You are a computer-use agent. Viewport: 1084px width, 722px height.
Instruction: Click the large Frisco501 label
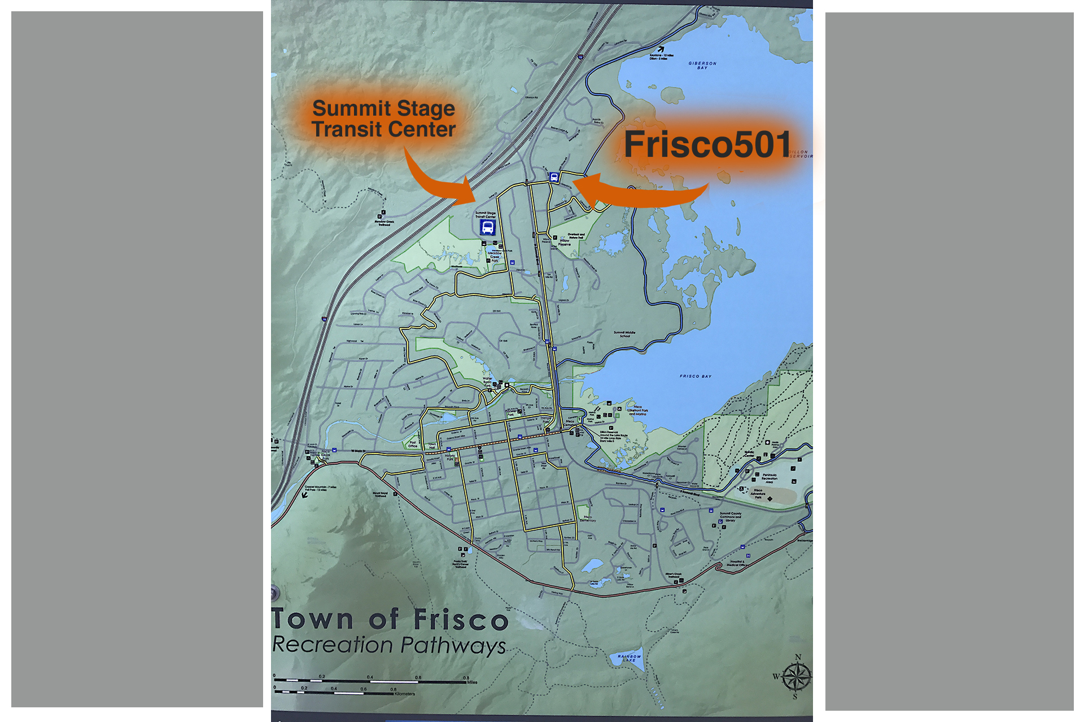tap(707, 145)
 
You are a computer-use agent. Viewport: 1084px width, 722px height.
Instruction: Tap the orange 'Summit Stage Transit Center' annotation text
tap(383, 119)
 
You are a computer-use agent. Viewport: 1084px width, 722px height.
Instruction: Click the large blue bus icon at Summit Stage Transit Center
tap(487, 228)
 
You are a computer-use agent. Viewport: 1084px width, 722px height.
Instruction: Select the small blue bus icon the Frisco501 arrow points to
tap(554, 177)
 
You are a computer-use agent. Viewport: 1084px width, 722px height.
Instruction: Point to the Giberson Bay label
tap(702, 65)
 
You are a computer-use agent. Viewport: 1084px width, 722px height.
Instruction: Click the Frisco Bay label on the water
tap(695, 376)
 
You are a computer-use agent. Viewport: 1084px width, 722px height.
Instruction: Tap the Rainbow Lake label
tap(629, 658)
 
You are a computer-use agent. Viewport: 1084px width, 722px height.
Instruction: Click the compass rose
tap(796, 677)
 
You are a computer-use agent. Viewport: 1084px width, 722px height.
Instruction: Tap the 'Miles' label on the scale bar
tap(472, 683)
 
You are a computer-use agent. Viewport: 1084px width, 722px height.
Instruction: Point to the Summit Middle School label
tap(624, 334)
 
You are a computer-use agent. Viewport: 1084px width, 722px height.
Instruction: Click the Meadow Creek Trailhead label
tap(384, 223)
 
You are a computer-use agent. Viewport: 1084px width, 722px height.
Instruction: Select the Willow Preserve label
tap(564, 243)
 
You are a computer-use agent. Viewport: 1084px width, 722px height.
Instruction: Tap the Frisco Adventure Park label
tap(758, 494)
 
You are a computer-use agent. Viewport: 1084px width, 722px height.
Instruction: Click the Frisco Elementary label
tap(588, 519)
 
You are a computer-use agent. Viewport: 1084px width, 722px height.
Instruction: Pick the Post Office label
tap(413, 444)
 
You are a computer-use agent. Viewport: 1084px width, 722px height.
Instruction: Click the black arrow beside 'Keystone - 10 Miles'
tap(660, 50)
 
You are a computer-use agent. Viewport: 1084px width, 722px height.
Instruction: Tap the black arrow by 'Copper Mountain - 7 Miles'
tap(305, 495)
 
